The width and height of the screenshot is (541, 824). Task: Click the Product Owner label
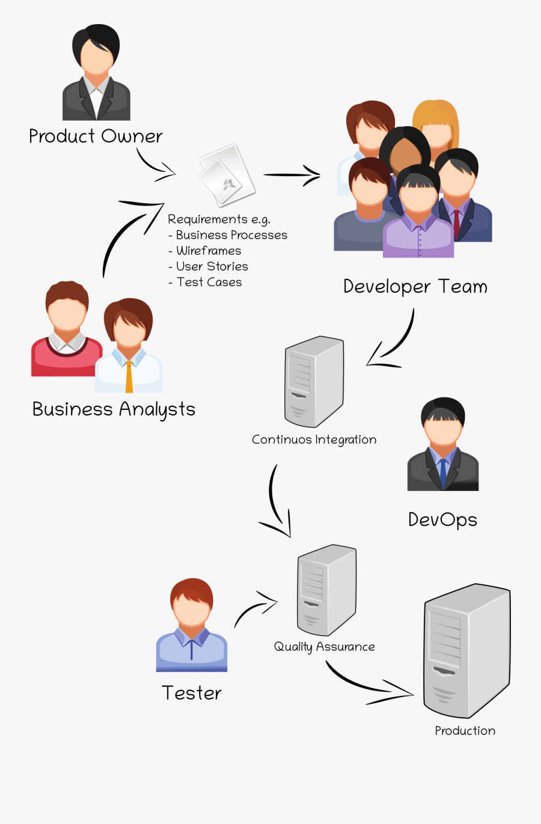coord(96,136)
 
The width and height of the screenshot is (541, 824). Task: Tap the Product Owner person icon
coord(96,73)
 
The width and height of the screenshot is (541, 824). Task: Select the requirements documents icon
coord(226,174)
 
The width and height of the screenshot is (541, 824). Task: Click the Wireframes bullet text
coord(208,251)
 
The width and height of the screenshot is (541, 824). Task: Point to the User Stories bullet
coord(212,266)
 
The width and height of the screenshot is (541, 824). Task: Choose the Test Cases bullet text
coord(209,282)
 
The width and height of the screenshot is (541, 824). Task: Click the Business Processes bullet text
coord(231,235)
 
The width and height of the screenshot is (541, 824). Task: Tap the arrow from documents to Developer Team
coord(292,175)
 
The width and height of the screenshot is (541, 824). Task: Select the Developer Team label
coord(415,287)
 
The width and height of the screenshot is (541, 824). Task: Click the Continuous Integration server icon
coord(314,381)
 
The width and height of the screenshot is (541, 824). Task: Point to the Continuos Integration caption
coord(314,440)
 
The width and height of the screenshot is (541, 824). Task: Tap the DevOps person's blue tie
coord(443,472)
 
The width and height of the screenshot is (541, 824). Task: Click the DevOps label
coord(442,519)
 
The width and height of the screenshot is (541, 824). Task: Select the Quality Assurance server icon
coord(326,590)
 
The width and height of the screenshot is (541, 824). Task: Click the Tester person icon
coord(191,625)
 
